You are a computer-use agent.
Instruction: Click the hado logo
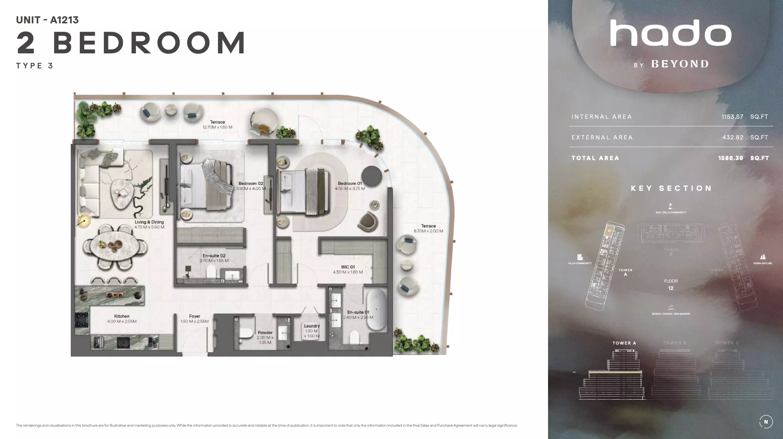tap(671, 33)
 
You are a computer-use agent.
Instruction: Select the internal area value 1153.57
tap(732, 117)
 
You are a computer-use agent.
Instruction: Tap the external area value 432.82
tap(733, 137)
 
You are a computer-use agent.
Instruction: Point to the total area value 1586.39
tap(731, 158)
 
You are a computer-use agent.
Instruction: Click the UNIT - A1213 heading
tap(47, 20)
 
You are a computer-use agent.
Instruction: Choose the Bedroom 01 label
tap(350, 183)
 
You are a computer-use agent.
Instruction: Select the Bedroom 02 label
tap(251, 183)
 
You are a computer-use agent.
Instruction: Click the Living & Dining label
tap(149, 222)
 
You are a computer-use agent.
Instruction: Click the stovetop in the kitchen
tap(81, 321)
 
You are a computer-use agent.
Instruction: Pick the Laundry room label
tap(312, 326)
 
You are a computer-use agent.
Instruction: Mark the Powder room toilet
tap(246, 333)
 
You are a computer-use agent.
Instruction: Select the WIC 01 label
tap(348, 267)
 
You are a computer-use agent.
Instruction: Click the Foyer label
tap(195, 316)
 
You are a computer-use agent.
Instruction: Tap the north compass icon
tap(766, 422)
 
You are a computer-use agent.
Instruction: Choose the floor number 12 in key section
tap(671, 288)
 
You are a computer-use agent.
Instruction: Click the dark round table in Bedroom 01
tap(372, 176)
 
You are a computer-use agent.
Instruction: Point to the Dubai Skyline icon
tap(763, 257)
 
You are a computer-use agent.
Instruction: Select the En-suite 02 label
tap(214, 256)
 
